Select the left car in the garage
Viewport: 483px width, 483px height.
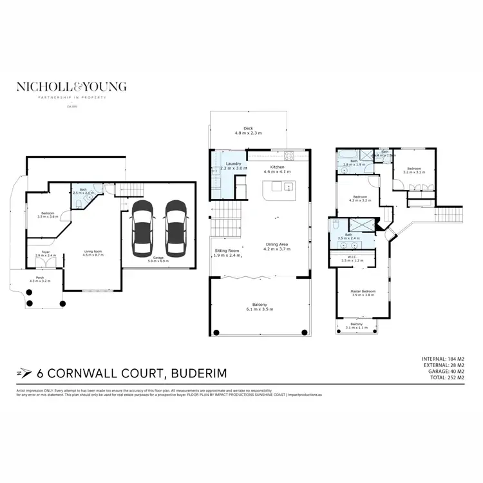click(143, 229)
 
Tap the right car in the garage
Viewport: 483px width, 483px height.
click(175, 229)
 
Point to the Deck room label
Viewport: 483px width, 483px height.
click(248, 130)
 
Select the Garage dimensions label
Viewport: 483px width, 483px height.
click(158, 260)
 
